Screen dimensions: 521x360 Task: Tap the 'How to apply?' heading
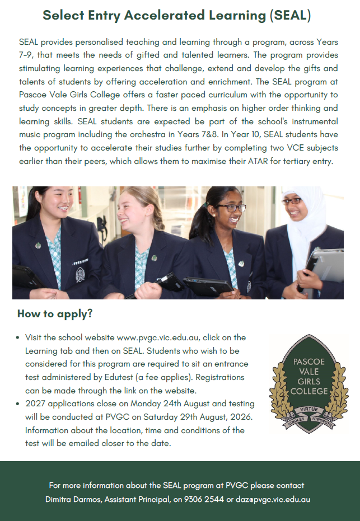tap(55, 314)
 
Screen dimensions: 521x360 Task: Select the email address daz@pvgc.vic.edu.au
tap(273, 499)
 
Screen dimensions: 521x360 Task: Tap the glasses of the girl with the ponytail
tap(231, 207)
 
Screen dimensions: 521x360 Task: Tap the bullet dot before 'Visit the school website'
tap(18, 338)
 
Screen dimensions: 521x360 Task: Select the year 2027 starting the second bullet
tap(35, 403)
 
